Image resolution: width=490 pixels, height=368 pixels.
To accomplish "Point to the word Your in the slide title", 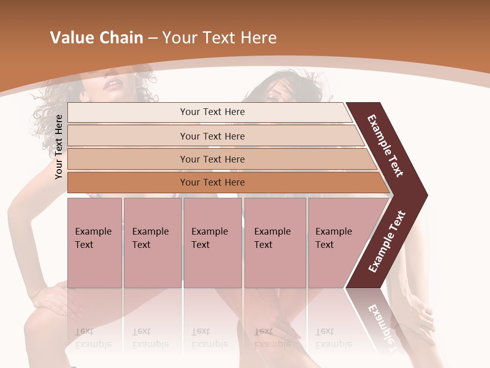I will (179, 38).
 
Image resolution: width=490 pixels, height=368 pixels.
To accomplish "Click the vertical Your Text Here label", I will (59, 147).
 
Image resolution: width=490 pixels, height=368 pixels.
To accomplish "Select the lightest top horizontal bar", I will (209, 112).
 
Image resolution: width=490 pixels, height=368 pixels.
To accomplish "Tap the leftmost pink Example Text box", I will (94, 243).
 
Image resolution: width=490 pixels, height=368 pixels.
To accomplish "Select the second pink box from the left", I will (153, 243).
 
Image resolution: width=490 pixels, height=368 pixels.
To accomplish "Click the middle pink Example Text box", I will (212, 243).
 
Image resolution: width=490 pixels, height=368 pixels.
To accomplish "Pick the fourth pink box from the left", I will (275, 243).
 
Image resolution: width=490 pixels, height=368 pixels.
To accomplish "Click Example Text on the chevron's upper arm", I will (385, 146).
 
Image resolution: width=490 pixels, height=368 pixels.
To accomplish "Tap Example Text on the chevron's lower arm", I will (387, 242).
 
